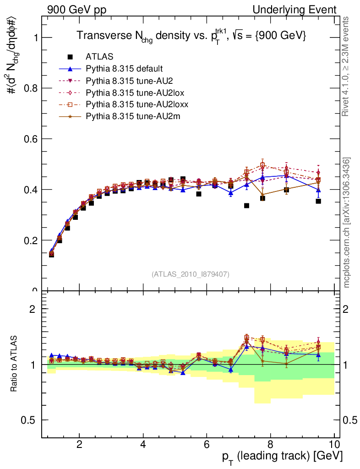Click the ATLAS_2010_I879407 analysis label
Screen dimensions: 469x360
191,274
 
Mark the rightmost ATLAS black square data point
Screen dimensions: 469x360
318,201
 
